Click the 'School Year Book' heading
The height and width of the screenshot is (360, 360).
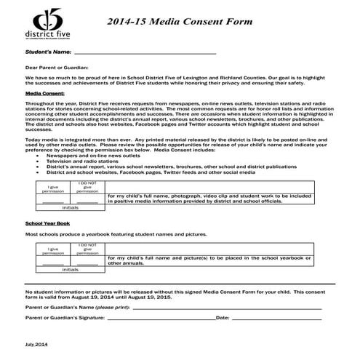pos(47,223)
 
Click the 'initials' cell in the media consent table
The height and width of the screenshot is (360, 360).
pos(71,207)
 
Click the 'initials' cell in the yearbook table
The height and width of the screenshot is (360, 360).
pos(71,269)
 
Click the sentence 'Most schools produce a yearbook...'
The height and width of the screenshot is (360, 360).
pos(116,234)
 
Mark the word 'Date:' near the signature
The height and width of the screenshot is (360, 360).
pos(223,318)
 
